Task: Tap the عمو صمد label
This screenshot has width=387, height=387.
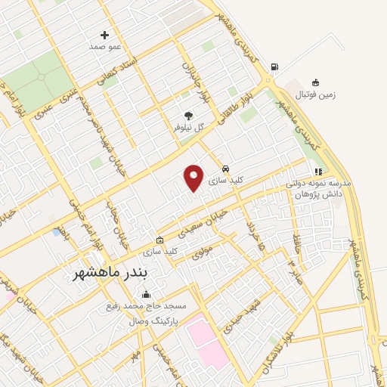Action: click(105, 47)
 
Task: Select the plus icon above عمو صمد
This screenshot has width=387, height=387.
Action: click(104, 35)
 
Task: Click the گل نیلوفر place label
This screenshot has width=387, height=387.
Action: click(189, 128)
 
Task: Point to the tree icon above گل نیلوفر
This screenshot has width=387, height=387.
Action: click(188, 116)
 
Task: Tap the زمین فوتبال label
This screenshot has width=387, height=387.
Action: click(316, 94)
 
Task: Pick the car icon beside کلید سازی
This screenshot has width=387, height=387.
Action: click(225, 168)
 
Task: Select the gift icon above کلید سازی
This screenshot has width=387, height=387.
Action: click(159, 239)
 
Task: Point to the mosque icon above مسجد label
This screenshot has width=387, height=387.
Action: click(146, 295)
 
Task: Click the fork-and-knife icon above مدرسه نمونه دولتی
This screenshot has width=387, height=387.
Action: click(318, 172)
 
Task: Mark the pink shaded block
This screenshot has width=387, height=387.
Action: click(205, 340)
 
